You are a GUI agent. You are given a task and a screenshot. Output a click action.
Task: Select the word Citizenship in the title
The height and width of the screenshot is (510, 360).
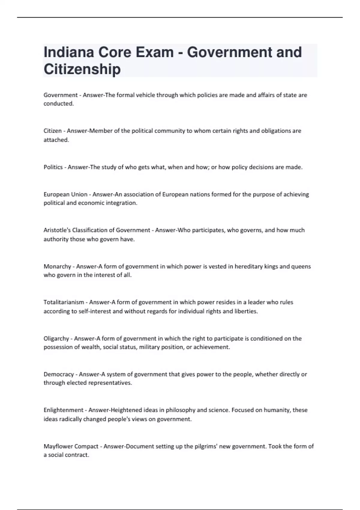[82, 69]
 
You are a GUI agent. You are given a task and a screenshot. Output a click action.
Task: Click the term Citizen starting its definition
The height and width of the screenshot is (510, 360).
[52, 131]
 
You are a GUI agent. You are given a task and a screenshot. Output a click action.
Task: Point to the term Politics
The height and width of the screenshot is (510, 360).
[53, 167]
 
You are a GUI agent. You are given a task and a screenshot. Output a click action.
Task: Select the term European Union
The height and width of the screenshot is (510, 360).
[65, 194]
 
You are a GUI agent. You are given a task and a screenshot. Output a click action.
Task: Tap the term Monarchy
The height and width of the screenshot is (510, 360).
[57, 266]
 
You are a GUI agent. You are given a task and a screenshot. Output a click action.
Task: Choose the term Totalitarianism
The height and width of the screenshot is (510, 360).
[64, 302]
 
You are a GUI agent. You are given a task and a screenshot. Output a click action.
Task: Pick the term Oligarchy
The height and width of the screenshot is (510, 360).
[56, 338]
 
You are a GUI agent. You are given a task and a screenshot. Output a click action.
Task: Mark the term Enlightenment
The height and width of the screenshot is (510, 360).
[64, 410]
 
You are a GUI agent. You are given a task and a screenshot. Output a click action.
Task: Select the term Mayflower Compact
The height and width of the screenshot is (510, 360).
[71, 446]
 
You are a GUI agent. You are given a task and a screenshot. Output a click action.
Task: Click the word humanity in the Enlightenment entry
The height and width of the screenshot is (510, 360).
[277, 410]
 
